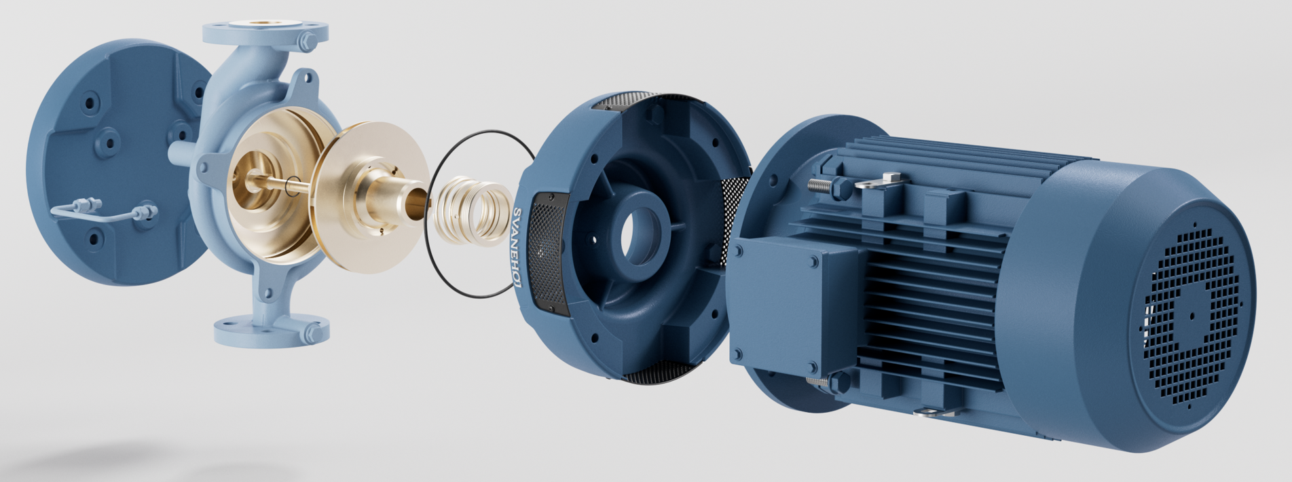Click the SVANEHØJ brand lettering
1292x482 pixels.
point(517,247)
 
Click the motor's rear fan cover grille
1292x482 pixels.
point(1192,312)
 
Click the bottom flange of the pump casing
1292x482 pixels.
point(272,330)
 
